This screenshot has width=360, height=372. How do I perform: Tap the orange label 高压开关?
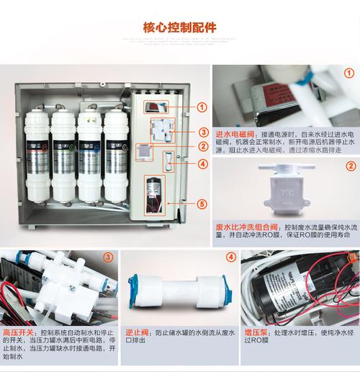click(17, 332)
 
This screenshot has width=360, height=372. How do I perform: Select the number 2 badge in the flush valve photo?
click(351, 166)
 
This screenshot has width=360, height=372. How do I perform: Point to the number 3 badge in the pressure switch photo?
click(108, 257)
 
